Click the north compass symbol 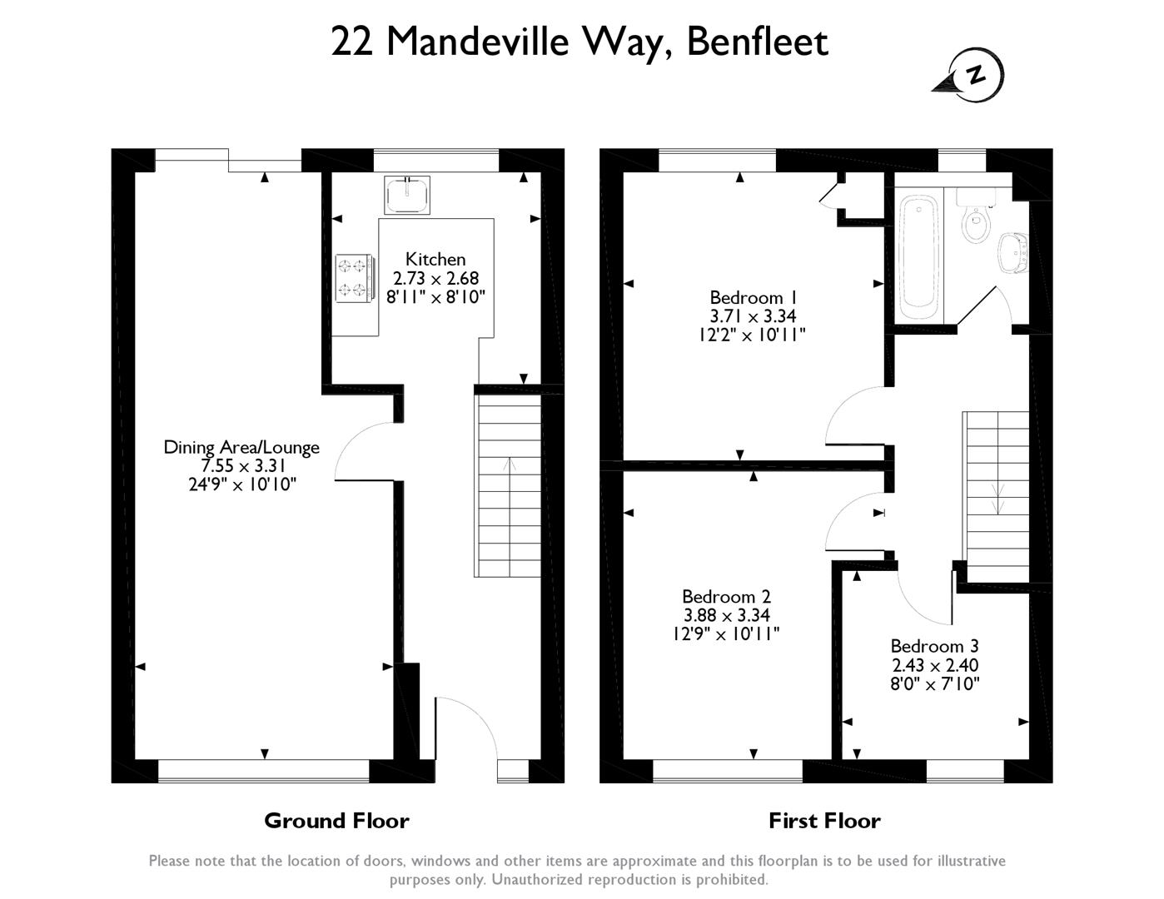pyautogui.click(x=971, y=75)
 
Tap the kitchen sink pyautogui.click(x=407, y=195)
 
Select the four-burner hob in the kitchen pyautogui.click(x=355, y=277)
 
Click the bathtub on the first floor pyautogui.click(x=919, y=257)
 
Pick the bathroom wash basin pyautogui.click(x=1013, y=253)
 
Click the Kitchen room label pyautogui.click(x=435, y=259)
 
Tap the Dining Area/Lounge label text pyautogui.click(x=241, y=448)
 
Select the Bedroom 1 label pyautogui.click(x=754, y=297)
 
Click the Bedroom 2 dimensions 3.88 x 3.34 pyautogui.click(x=726, y=614)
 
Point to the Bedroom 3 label pyautogui.click(x=935, y=646)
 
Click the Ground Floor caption pyautogui.click(x=336, y=821)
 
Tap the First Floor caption pyautogui.click(x=824, y=821)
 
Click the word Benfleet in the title pyautogui.click(x=758, y=42)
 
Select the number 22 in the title pyautogui.click(x=351, y=42)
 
